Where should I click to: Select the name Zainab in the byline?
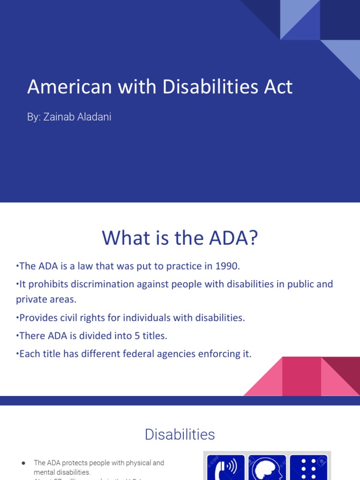[x=58, y=117]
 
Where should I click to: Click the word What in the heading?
[x=122, y=239]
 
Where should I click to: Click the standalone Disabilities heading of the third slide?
[x=180, y=435]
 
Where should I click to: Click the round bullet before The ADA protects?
[x=23, y=463]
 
